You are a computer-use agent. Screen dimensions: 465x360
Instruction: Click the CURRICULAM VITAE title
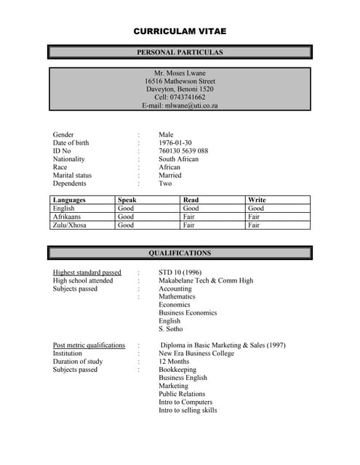coord(180,31)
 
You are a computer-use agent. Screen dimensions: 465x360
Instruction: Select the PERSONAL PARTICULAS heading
coord(180,52)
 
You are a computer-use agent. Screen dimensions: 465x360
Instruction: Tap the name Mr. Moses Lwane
coord(180,73)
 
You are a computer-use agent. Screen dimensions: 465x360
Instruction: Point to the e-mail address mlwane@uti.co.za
coord(191,105)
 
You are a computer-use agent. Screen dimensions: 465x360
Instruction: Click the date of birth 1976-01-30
coord(175,143)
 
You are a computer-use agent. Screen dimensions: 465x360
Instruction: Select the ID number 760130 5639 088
coord(183,151)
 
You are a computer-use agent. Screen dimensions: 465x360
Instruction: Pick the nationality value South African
coord(178,159)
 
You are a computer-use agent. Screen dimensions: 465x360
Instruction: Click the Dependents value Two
coord(165,183)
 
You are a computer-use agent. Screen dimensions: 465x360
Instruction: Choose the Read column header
coord(191,200)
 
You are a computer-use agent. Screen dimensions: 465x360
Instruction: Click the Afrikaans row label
coord(68,217)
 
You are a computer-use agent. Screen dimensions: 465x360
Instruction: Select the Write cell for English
coord(256,209)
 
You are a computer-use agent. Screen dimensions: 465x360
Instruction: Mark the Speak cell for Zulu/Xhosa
coord(126,225)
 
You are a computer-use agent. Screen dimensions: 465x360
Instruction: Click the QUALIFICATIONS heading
coord(180,254)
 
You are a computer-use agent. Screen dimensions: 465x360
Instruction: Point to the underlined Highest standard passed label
coord(87,273)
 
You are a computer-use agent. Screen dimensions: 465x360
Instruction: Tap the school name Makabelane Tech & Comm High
coord(206,281)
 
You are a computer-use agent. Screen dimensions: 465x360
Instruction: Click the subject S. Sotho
coord(172,329)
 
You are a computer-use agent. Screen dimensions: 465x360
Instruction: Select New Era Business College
coord(196,354)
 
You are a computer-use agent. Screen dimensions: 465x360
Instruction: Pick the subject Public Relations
coord(182,394)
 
